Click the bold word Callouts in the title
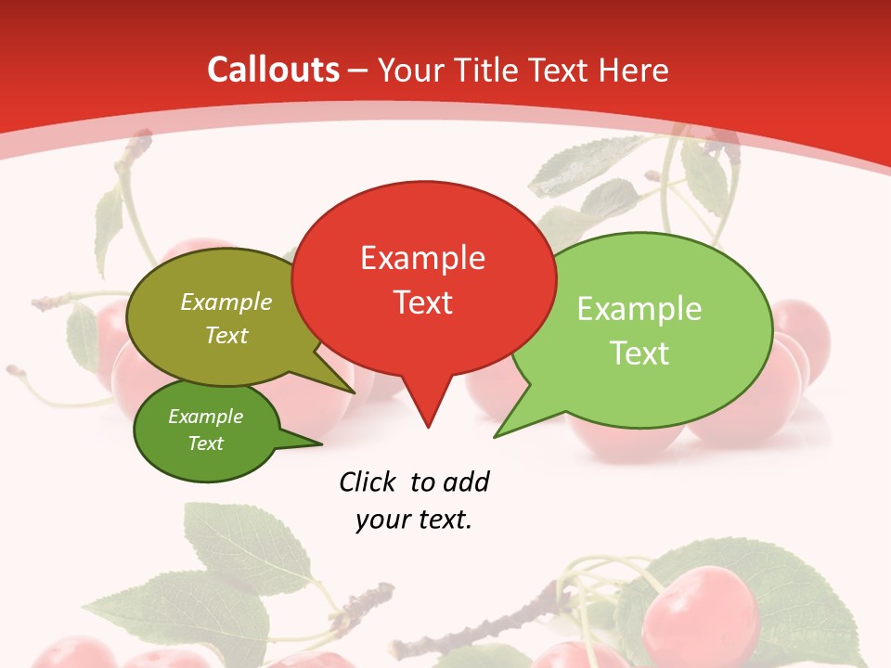(273, 70)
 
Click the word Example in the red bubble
(422, 258)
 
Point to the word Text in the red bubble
(422, 302)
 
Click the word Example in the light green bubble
(639, 309)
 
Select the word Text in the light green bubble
(639, 353)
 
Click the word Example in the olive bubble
(226, 302)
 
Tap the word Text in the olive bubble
(226, 335)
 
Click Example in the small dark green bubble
(205, 417)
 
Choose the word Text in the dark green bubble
(205, 443)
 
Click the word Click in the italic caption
(367, 482)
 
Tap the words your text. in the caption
(414, 520)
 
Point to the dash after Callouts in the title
(358, 71)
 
